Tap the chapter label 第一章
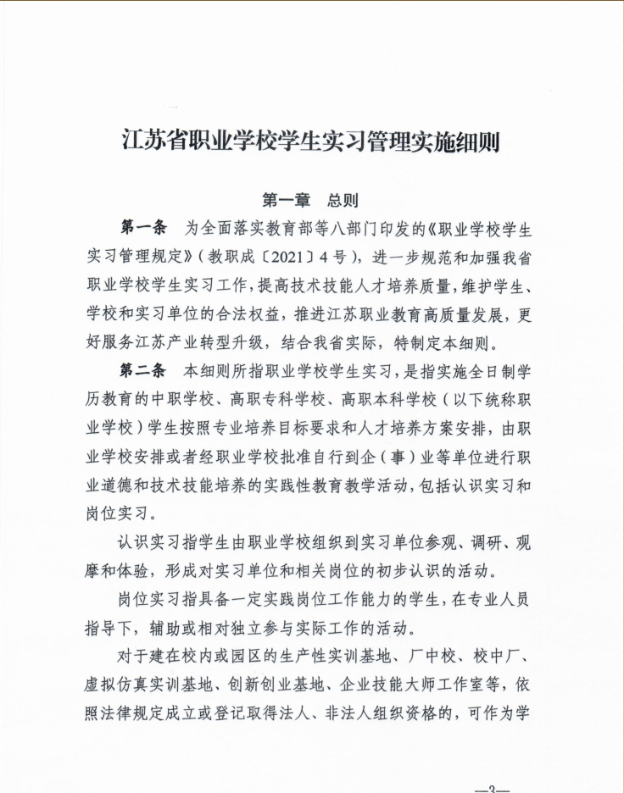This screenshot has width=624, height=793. (x=286, y=201)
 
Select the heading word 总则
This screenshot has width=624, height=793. (x=343, y=201)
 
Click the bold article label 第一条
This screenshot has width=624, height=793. (x=142, y=228)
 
